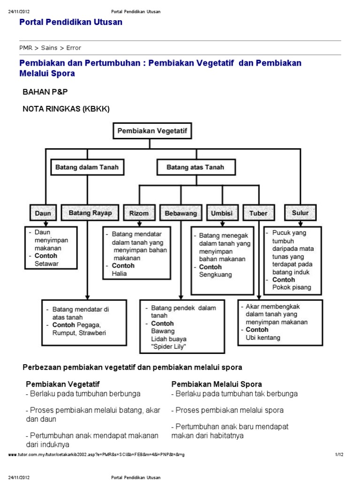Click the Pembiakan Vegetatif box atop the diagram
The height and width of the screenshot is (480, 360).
click(x=152, y=131)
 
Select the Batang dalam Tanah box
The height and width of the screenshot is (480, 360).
click(x=87, y=167)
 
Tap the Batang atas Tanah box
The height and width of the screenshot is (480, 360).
click(x=195, y=167)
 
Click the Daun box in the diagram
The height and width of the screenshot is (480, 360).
click(x=43, y=213)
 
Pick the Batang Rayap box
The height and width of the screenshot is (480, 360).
click(x=90, y=213)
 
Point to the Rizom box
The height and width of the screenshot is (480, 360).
click(x=139, y=213)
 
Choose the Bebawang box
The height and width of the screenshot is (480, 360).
click(x=181, y=213)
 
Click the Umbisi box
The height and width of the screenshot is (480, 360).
click(x=221, y=213)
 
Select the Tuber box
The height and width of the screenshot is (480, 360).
click(x=259, y=213)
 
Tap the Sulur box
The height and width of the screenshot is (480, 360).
click(x=300, y=213)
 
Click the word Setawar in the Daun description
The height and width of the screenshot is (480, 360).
click(x=47, y=264)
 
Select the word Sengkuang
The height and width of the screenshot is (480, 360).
click(x=215, y=275)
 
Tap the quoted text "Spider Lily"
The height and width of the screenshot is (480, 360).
click(x=169, y=346)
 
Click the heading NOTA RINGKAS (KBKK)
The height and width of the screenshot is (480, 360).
click(x=66, y=109)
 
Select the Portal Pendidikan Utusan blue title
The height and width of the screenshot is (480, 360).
click(x=71, y=22)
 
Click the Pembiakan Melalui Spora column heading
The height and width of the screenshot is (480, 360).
click(x=217, y=384)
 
